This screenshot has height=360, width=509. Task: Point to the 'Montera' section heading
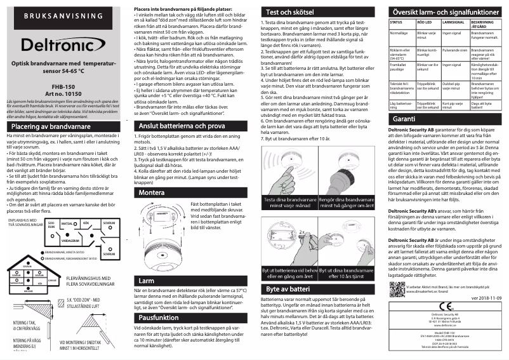pos(152,173)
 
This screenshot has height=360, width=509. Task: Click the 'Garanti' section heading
pos(404,119)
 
